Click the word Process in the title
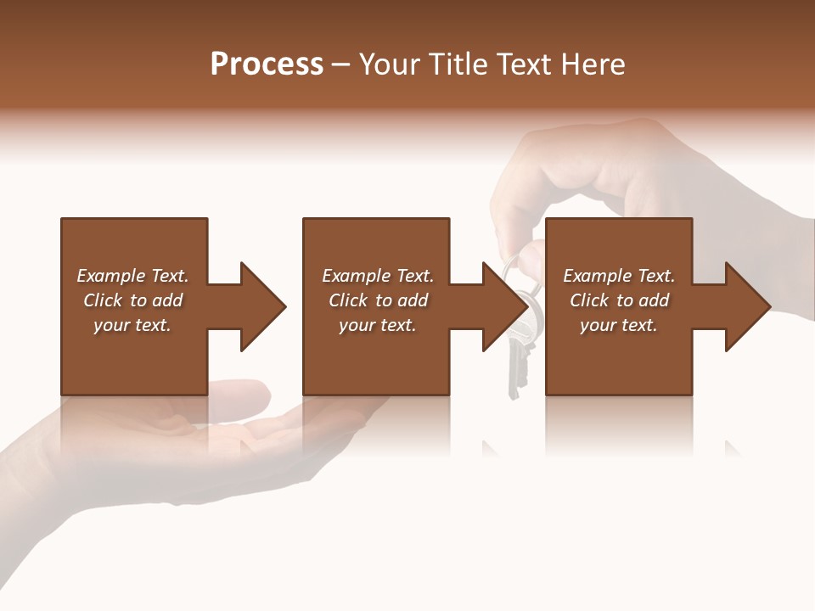point(267,64)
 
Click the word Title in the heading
point(457,64)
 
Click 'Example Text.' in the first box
point(132,276)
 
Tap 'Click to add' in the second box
point(378,300)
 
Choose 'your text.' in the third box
point(618,325)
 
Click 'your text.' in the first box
point(132,325)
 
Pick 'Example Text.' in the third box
point(618,276)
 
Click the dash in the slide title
point(341,64)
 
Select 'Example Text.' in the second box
point(378,276)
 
